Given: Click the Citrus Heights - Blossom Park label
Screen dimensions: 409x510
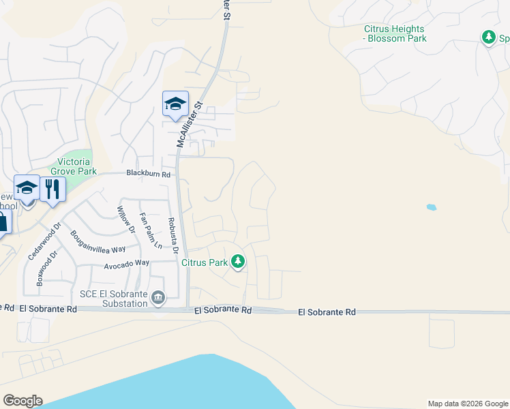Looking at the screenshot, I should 395,33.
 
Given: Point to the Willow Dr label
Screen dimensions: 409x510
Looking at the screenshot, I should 127,221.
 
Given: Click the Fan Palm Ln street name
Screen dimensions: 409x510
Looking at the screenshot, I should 151,230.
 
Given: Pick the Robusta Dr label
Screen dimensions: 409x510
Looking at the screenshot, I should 173,236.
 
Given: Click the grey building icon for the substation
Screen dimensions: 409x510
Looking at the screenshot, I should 158,297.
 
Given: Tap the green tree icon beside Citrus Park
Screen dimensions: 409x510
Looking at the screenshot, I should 238,262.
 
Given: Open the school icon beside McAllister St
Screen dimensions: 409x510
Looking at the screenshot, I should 175,104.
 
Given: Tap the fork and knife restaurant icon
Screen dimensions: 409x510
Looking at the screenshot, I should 52,187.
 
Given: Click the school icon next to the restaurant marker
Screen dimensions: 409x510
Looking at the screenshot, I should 27,187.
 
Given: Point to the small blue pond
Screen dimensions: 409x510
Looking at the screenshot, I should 431,207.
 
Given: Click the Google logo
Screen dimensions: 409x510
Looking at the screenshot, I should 22,401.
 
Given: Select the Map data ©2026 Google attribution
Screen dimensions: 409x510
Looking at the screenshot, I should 467,404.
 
